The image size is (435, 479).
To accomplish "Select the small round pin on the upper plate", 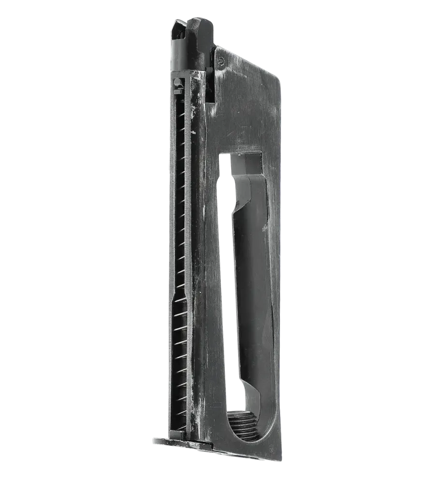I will tap(222, 60).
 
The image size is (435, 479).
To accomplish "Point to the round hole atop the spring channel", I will tap(177, 81).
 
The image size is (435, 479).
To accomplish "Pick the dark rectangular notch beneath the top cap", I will tap(211, 87).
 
